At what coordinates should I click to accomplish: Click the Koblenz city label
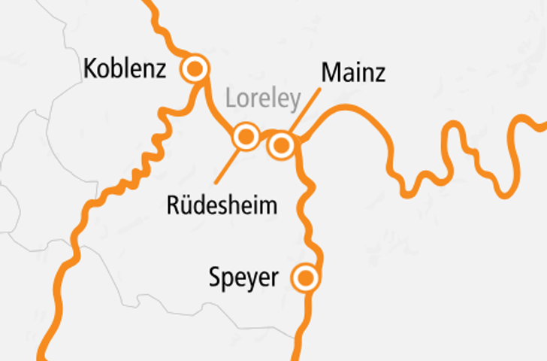click(124, 69)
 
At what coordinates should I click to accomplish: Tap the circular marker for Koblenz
click(195, 69)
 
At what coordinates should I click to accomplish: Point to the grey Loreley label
click(264, 99)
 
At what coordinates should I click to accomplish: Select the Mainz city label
click(353, 73)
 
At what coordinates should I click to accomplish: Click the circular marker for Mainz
click(282, 144)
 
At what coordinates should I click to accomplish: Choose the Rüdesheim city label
click(222, 205)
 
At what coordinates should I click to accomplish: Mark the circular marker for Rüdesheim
click(246, 137)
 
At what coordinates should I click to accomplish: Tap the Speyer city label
click(243, 278)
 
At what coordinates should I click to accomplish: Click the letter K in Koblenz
click(90, 69)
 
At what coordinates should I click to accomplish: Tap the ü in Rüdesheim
click(186, 204)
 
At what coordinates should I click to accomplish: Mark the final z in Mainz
click(380, 74)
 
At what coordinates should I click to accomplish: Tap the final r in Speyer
click(274, 280)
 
